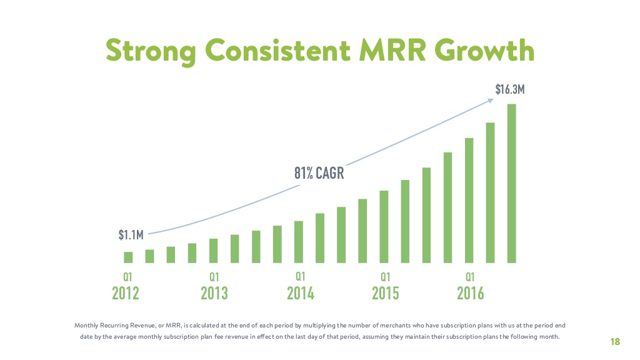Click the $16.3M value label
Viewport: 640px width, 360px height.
pyautogui.click(x=510, y=89)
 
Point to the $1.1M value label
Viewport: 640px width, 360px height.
pyautogui.click(x=131, y=235)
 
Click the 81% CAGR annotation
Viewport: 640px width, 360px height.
pyautogui.click(x=319, y=173)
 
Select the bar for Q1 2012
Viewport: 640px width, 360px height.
pyautogui.click(x=128, y=257)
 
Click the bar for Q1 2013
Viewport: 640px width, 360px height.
pyautogui.click(x=214, y=251)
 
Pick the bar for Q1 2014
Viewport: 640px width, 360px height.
pyautogui.click(x=299, y=242)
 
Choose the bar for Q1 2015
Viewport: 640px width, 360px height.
pyautogui.click(x=384, y=227)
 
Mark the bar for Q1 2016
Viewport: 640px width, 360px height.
pyautogui.click(x=469, y=201)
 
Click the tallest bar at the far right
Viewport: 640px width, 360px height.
pyautogui.click(x=511, y=184)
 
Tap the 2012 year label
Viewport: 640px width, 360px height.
pyautogui.click(x=126, y=293)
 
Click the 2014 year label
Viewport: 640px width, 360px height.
pyautogui.click(x=301, y=293)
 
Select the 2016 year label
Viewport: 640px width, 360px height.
pyautogui.click(x=471, y=293)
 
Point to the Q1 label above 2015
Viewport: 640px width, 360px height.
pyautogui.click(x=386, y=276)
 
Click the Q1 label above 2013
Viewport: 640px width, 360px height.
pyautogui.click(x=214, y=276)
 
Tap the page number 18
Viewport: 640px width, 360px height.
pyautogui.click(x=615, y=341)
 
